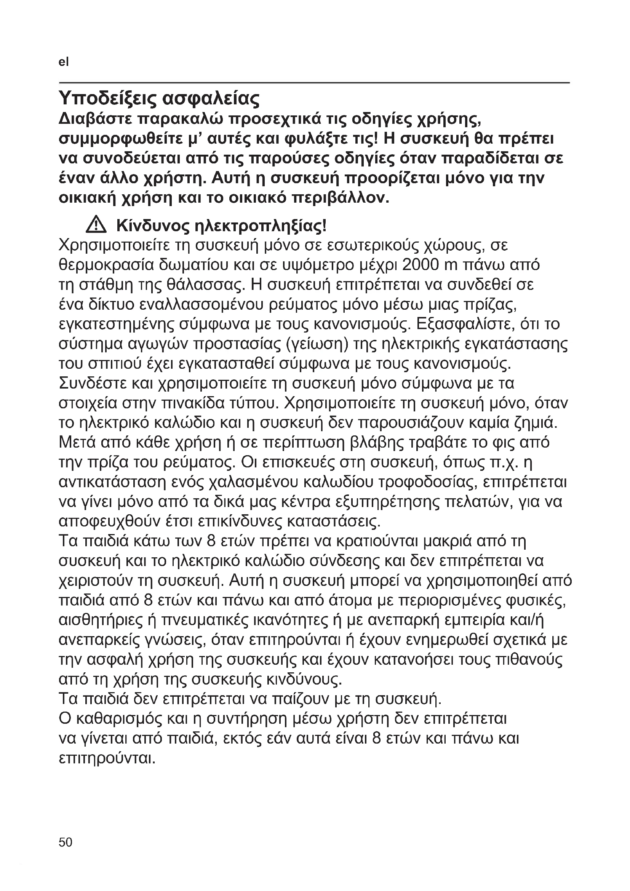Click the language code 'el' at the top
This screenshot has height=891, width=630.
point(64,62)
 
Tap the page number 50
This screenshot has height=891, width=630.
point(66,842)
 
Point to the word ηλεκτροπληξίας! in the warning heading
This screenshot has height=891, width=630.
point(260,226)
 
